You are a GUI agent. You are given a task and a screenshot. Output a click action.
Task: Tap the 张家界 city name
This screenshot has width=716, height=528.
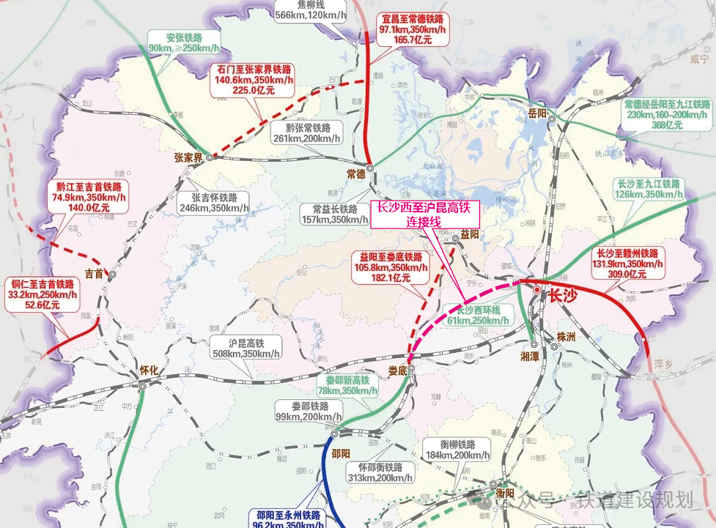[188, 157]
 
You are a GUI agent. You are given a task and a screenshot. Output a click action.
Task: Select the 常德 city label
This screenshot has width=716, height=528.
[355, 174]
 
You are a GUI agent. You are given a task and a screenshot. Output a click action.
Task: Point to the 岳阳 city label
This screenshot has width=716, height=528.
[538, 114]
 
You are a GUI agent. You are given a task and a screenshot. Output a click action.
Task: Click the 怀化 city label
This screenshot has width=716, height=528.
[149, 371]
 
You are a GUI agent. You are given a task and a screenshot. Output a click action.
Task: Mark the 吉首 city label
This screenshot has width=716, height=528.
[95, 273]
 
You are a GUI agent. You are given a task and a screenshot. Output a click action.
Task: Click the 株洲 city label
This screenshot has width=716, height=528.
[566, 337]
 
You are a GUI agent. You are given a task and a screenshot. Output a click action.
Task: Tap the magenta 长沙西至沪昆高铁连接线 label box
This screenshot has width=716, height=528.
[426, 215]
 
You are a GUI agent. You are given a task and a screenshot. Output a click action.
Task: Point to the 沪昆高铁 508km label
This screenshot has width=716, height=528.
[245, 348]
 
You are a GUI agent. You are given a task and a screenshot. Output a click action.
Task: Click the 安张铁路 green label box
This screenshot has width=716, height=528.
[183, 42]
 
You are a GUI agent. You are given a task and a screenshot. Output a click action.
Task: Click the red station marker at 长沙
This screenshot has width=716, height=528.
[537, 291]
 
